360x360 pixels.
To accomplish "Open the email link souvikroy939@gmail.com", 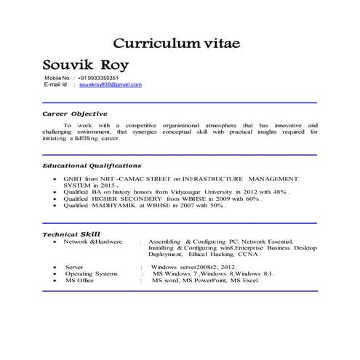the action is tap(111, 84).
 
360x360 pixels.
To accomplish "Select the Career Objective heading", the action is tap(74, 113).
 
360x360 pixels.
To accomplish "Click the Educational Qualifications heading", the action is tap(92, 166).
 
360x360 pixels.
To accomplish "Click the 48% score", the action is tap(277, 191).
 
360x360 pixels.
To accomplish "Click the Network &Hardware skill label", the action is tap(93, 241).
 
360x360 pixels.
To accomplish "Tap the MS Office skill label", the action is tap(79, 280).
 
